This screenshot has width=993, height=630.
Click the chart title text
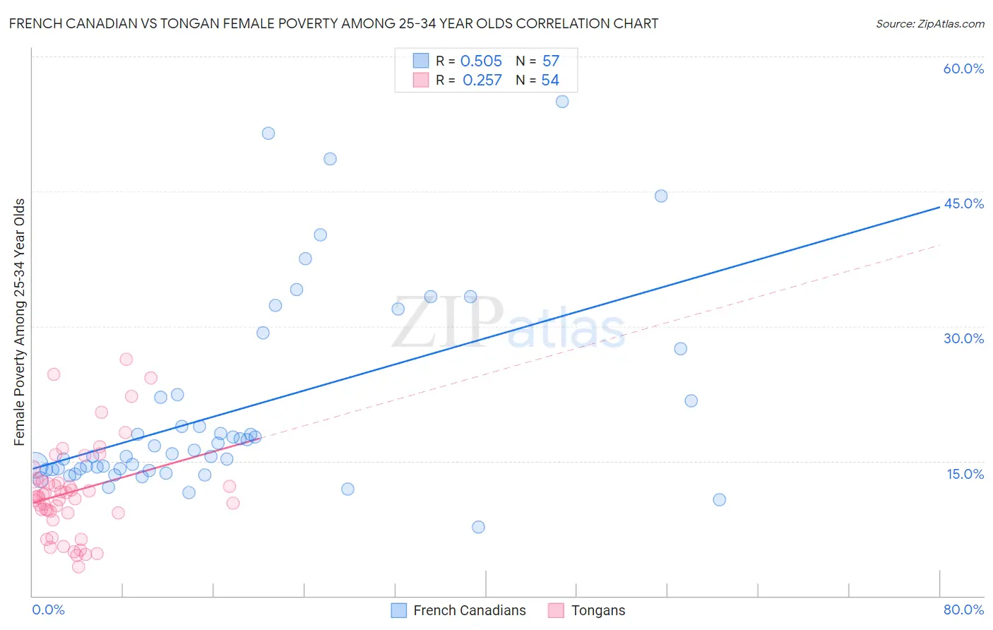coord(333,23)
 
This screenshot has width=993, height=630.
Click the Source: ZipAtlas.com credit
coord(929,23)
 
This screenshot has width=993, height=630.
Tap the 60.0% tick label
coord(963,69)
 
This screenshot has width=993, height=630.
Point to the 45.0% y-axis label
coord(963,203)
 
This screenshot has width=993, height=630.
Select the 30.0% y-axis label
coord(963,338)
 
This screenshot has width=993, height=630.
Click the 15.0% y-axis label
coord(965,474)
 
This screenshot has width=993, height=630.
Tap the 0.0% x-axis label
coord(48,610)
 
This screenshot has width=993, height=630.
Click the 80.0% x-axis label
coord(963,610)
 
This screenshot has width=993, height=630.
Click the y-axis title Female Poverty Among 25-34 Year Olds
coord(20,322)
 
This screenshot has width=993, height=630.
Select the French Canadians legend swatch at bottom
coord(398,610)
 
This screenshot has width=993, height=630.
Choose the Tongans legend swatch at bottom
coord(557,610)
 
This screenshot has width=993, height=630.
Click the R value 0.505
coord(481,61)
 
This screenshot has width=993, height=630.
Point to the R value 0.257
coord(482,81)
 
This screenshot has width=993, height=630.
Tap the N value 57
coord(551,61)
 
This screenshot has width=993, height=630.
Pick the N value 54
coord(550,81)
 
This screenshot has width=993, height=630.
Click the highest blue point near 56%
coord(562,102)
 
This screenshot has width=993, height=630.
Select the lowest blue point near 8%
coord(478,527)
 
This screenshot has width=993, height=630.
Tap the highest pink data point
coord(126,359)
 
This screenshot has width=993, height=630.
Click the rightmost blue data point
coord(720,500)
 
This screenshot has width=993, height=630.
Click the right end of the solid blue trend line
coord(939,207)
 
